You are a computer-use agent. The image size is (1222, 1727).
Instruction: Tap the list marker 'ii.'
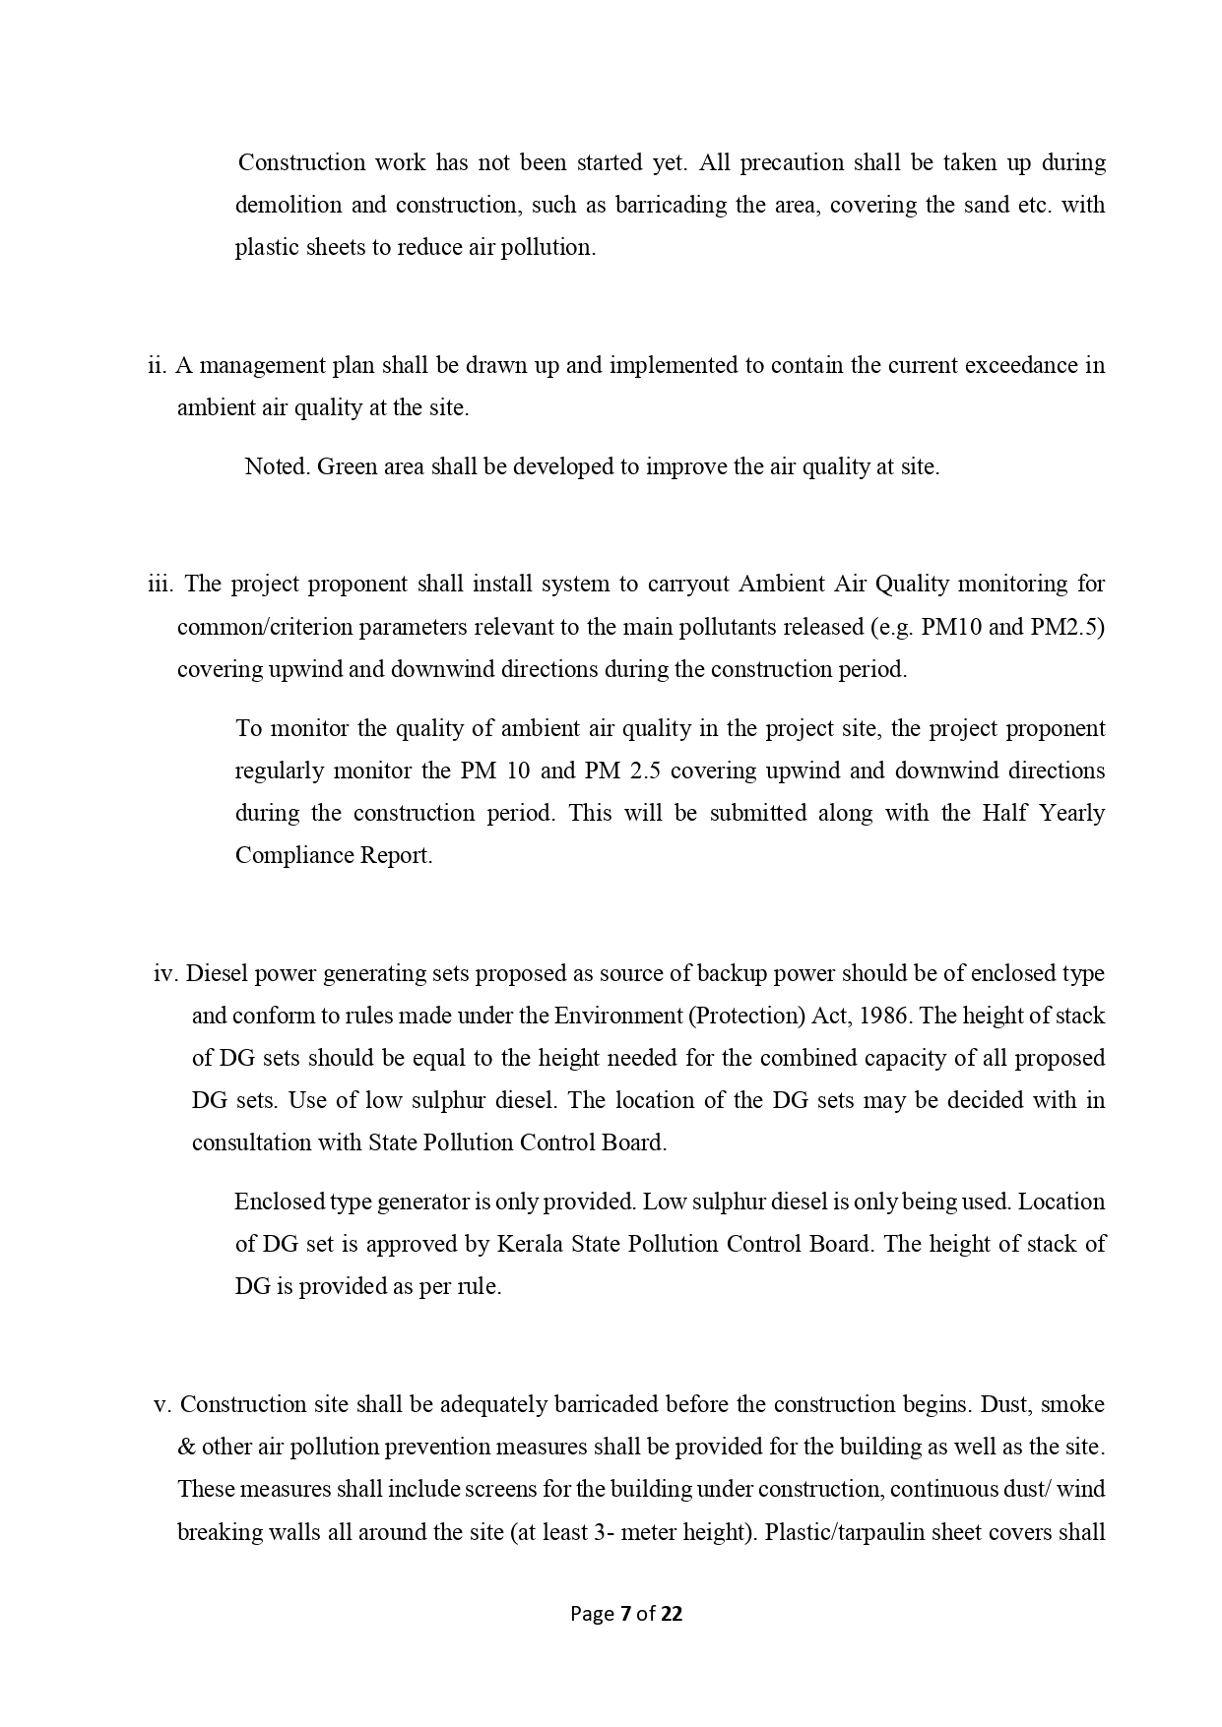[157, 365]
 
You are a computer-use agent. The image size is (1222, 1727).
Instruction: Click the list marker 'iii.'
[161, 584]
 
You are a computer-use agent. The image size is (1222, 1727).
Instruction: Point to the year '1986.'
[885, 1016]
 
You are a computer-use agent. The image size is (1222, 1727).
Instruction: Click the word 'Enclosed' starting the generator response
[279, 1202]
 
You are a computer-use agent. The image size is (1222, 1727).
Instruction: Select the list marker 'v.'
[162, 1404]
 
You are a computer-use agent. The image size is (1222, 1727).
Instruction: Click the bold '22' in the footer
[672, 1614]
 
